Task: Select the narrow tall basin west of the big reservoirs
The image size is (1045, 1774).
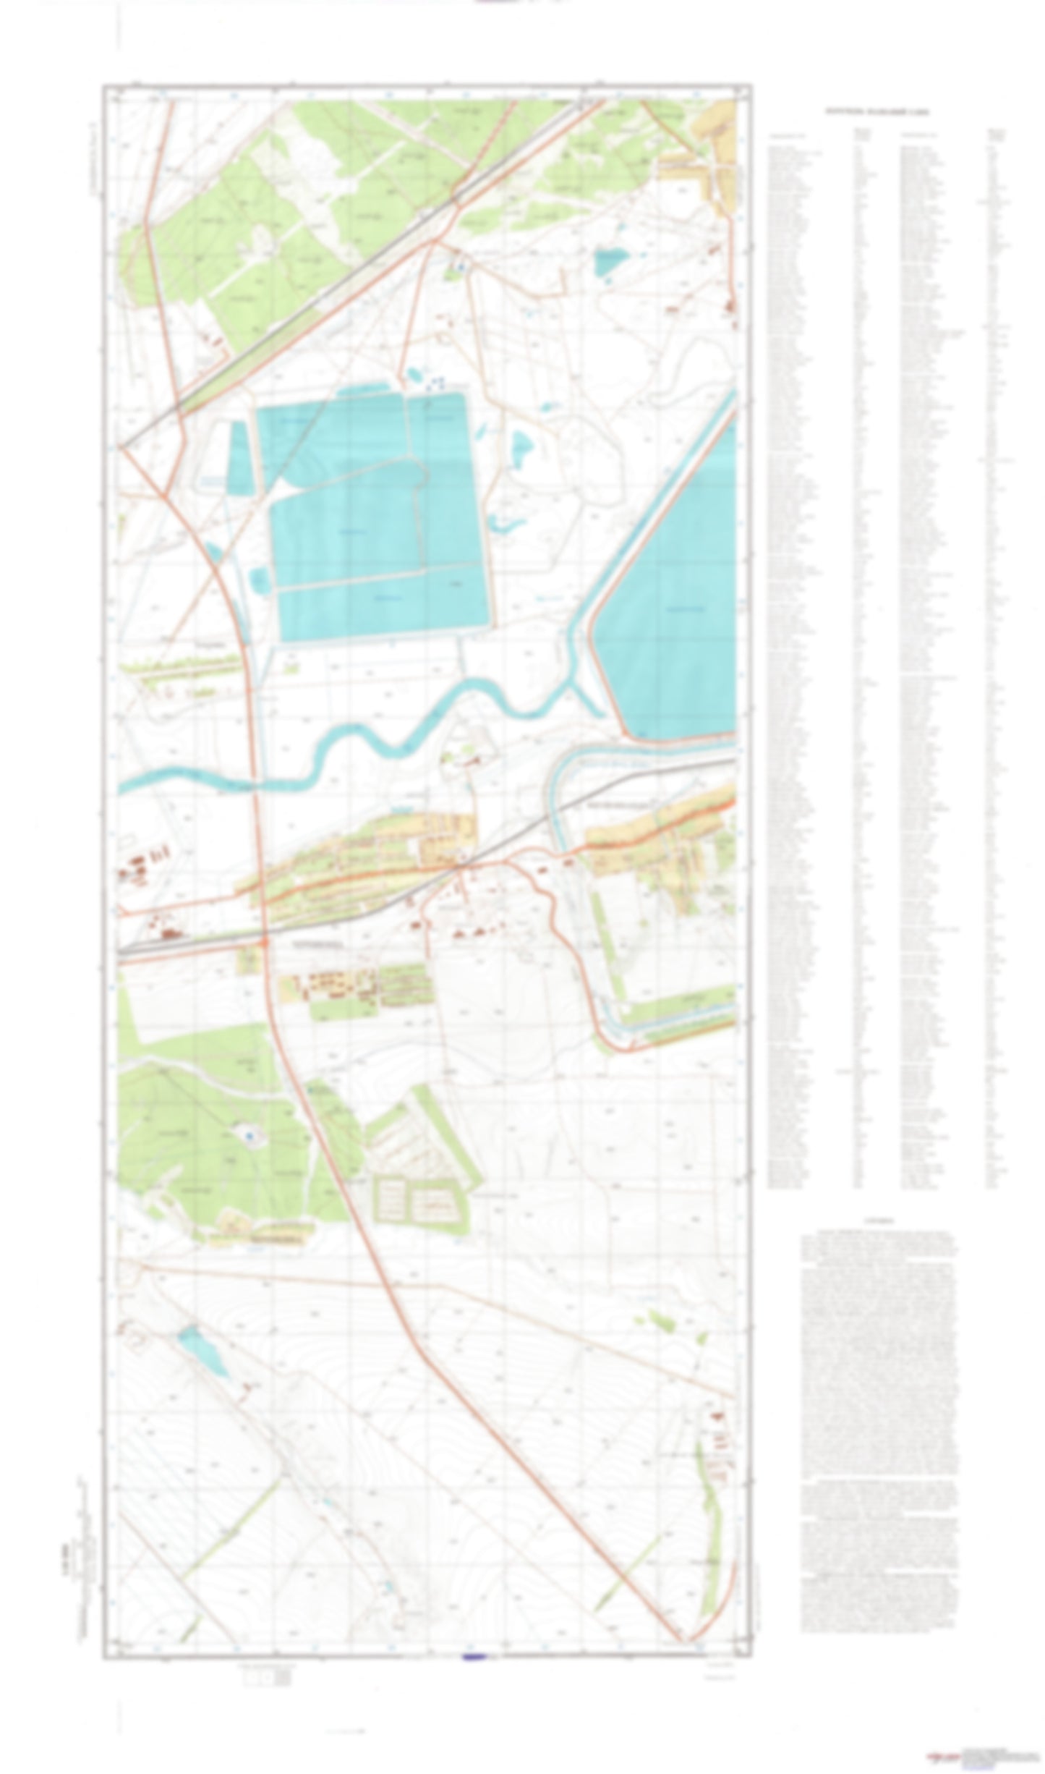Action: coord(241,458)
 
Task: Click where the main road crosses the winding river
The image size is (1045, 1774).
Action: coord(254,782)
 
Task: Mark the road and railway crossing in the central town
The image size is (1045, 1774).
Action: coord(460,866)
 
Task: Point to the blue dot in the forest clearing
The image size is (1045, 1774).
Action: coord(249,1137)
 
